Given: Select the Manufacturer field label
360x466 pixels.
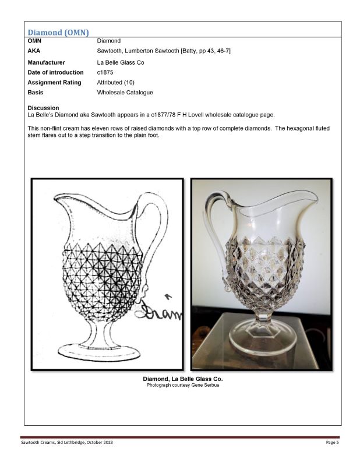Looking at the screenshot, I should coord(46,62).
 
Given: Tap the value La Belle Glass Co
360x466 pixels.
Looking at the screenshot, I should coord(120,62).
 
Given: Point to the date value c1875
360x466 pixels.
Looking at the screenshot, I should coord(106,72).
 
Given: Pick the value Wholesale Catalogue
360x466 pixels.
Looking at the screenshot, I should coord(125,92).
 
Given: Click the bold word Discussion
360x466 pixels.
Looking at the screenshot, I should coord(43,108).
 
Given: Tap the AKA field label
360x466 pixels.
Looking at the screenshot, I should coord(34,51).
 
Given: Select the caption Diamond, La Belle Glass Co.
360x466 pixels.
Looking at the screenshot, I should coord(182,379).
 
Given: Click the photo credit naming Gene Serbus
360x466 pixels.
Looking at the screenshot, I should coord(182,386).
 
